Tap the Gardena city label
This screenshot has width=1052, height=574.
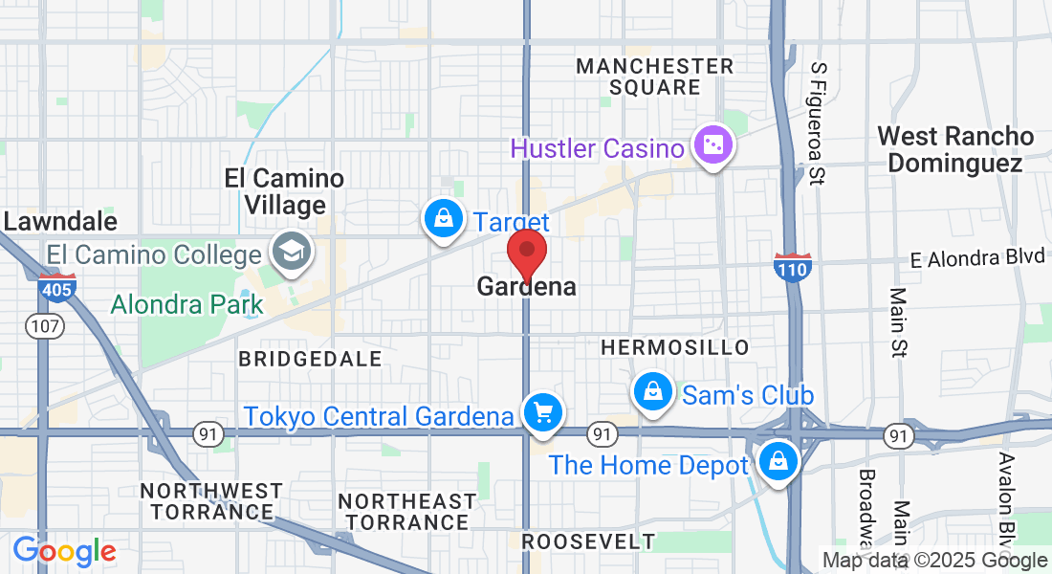[526, 286]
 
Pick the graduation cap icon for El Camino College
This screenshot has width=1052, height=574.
[288, 253]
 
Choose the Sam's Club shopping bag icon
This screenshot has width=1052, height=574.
[652, 392]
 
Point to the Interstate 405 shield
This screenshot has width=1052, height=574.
[58, 288]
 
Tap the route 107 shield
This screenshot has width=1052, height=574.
[46, 326]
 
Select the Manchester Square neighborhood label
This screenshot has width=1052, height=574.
[655, 77]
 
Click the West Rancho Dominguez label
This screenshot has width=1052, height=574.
[955, 149]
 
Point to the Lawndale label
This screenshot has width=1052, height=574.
[59, 222]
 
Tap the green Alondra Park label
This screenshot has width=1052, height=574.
[186, 305]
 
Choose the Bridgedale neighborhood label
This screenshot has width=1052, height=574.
[310, 359]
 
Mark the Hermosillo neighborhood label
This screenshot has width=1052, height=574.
[675, 347]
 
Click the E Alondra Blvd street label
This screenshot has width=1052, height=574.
[977, 259]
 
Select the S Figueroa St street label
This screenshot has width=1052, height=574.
[818, 123]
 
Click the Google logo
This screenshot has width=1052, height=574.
[64, 551]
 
